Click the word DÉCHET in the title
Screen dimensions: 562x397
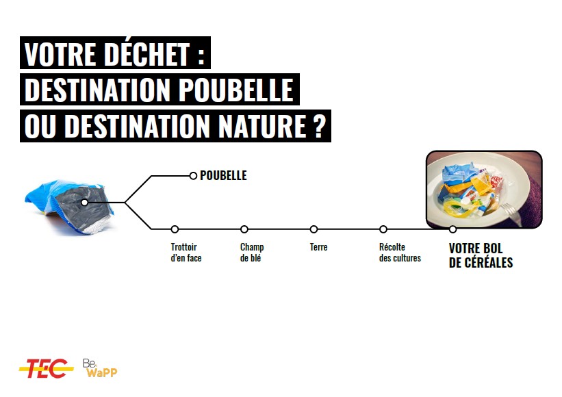coord(147,54)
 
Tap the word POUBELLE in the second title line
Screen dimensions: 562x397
coord(236,90)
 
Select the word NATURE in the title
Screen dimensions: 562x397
coord(262,126)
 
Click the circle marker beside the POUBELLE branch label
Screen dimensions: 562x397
coord(193,176)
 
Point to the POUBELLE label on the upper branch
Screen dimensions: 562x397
coord(223,175)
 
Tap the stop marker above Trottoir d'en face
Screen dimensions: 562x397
coord(175,229)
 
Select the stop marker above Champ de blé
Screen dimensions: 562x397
coord(244,229)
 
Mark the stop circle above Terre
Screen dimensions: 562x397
coord(314,229)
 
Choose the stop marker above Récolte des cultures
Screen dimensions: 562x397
coord(383,229)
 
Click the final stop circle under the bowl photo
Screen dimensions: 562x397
coord(452,229)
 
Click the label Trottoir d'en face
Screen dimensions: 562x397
coord(186,253)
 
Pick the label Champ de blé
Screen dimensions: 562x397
coord(252,253)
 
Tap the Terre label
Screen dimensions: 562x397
coord(318,247)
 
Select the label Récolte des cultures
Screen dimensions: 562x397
coord(400,253)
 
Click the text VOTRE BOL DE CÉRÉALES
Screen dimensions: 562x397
coord(481,255)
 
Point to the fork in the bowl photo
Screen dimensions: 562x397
coord(511,213)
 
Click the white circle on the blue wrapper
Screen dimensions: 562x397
coord(85,203)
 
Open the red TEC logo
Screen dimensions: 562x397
coord(47,368)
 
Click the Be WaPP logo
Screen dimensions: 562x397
coord(100,368)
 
